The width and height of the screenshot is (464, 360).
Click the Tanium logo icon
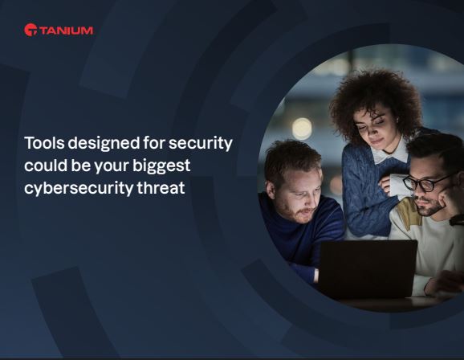pyautogui.click(x=31, y=30)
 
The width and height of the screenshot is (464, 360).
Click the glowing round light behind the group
pyautogui.click(x=302, y=128)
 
